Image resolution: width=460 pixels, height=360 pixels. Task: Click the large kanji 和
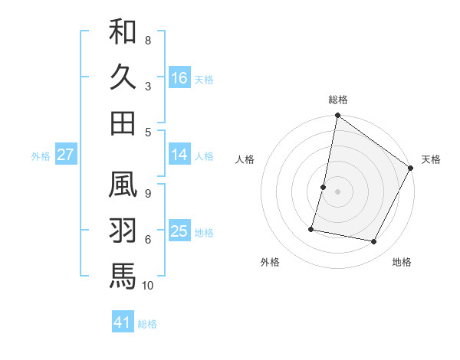pyautogui.click(x=123, y=33)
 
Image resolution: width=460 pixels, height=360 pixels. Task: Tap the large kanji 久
pyautogui.click(x=123, y=77)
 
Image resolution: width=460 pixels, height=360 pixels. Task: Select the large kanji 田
pyautogui.click(x=123, y=122)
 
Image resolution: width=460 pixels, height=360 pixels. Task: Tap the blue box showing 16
pyautogui.click(x=179, y=77)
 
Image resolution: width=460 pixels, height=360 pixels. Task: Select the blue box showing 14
pyautogui.click(x=179, y=155)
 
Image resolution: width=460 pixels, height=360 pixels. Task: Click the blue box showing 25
pyautogui.click(x=179, y=231)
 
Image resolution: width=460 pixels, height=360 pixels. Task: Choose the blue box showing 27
pyautogui.click(x=66, y=155)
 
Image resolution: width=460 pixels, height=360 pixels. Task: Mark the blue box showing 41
pyautogui.click(x=123, y=322)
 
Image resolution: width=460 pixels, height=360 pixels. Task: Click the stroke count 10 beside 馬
pyautogui.click(x=148, y=286)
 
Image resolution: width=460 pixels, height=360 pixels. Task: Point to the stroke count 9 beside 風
pyautogui.click(x=148, y=194)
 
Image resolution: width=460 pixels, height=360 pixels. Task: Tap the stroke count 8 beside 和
pyautogui.click(x=148, y=40)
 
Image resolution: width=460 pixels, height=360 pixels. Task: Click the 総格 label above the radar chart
pyautogui.click(x=337, y=100)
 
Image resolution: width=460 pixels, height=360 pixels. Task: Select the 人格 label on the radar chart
pyautogui.click(x=245, y=160)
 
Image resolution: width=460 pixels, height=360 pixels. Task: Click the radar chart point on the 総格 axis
pyautogui.click(x=337, y=116)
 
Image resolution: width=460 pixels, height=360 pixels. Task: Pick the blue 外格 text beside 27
pyautogui.click(x=41, y=156)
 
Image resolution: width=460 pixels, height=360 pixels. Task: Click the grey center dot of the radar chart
pyautogui.click(x=337, y=191)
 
